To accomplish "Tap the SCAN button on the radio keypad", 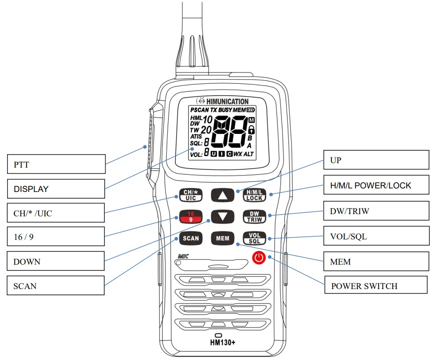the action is (x=191, y=238).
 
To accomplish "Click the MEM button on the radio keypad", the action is (x=222, y=238).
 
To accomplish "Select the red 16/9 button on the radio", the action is (x=191, y=216).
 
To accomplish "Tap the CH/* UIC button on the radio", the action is (x=191, y=195).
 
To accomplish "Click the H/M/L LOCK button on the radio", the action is (x=254, y=195).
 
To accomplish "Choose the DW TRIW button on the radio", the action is (x=254, y=216).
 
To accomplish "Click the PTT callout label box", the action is (x=56, y=164).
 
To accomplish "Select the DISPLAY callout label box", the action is (x=56, y=189).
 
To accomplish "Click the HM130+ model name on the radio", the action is (x=223, y=342).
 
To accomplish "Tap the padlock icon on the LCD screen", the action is (x=252, y=129).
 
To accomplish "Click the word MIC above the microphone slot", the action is (x=184, y=256).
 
